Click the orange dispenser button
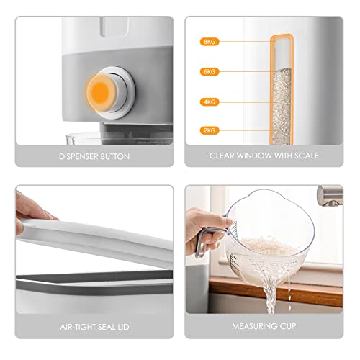100,93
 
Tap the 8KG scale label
210,42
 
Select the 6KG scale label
210,71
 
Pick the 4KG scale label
210,102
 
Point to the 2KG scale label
210,130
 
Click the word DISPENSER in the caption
78,156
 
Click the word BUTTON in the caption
115,156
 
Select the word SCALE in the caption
307,156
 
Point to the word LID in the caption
123,327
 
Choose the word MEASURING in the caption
251,326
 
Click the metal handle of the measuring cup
201,243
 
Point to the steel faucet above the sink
330,196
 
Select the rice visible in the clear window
282,107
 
